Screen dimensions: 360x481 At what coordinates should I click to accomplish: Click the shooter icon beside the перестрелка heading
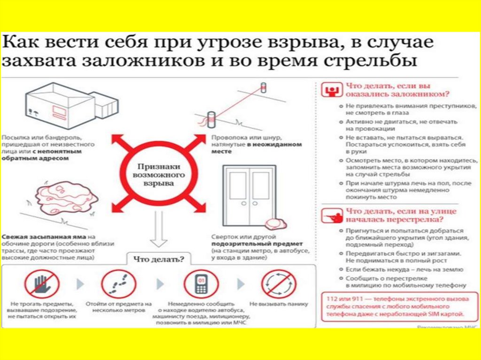coord(332,215)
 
